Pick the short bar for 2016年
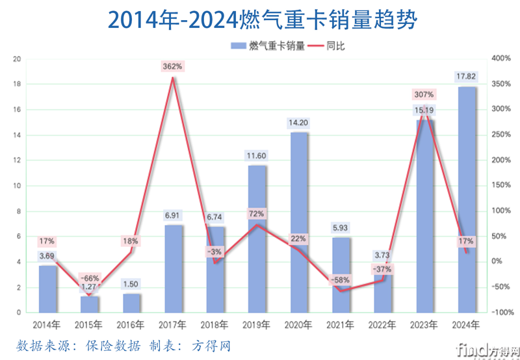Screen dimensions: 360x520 click(131, 303)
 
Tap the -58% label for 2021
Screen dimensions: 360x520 click(341, 280)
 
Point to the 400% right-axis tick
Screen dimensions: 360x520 click(502, 58)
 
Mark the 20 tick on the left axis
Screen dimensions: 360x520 click(18, 58)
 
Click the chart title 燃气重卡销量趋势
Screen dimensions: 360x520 click(260, 19)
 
